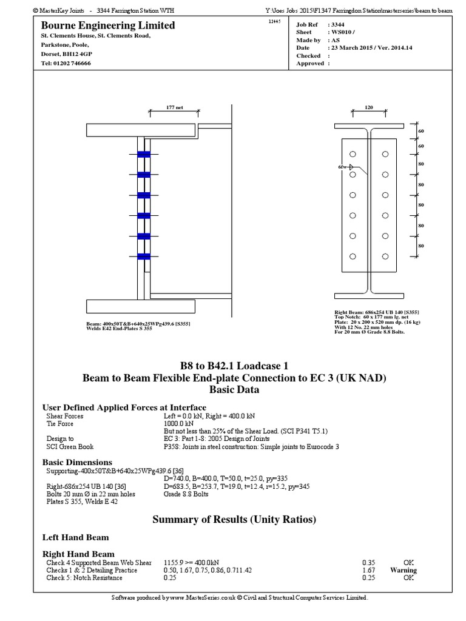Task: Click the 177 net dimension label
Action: (174, 107)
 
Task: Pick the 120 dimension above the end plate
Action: (368, 107)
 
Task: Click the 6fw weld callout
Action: (343, 166)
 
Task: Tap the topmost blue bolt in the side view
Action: (144, 154)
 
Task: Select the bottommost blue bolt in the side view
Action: (144, 257)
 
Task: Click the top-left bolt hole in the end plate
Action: (353, 154)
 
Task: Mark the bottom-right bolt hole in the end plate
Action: (385, 256)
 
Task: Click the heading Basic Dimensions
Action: (76, 463)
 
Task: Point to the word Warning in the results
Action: (404, 570)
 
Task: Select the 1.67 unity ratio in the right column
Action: (368, 570)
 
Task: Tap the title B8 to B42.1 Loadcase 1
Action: (234, 366)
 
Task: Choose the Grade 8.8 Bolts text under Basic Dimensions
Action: (186, 494)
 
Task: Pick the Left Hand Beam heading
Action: (75, 537)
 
